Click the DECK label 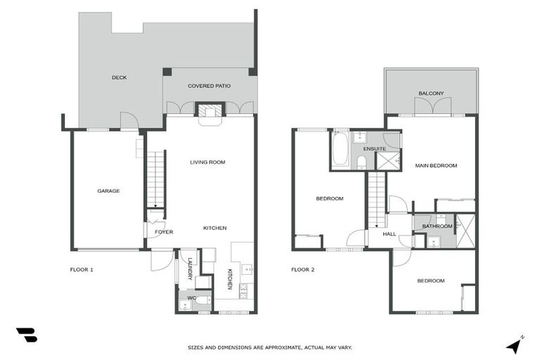click(x=119, y=77)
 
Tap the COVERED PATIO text click(x=209, y=86)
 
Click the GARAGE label click(x=108, y=191)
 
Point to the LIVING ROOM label click(x=207, y=162)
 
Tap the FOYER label click(x=164, y=232)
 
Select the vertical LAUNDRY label click(x=189, y=270)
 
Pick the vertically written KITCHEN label click(x=230, y=279)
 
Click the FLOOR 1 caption click(x=82, y=269)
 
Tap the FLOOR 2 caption click(x=303, y=269)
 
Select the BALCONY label click(x=430, y=93)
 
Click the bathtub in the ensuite click(x=340, y=150)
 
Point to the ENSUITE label click(x=374, y=149)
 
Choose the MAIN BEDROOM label click(x=436, y=166)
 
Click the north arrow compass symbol click(x=515, y=344)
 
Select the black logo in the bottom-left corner click(x=26, y=335)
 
